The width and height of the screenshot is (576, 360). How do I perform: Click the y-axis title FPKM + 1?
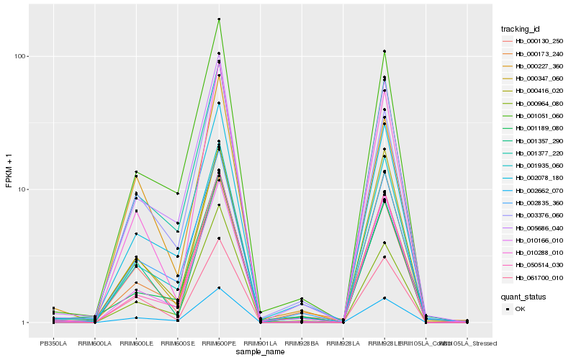(x=9, y=170)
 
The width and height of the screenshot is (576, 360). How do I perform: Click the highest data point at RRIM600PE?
(x=219, y=19)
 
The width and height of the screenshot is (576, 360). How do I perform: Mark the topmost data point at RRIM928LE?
(x=384, y=51)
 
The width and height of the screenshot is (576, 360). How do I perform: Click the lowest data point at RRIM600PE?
(x=219, y=288)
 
